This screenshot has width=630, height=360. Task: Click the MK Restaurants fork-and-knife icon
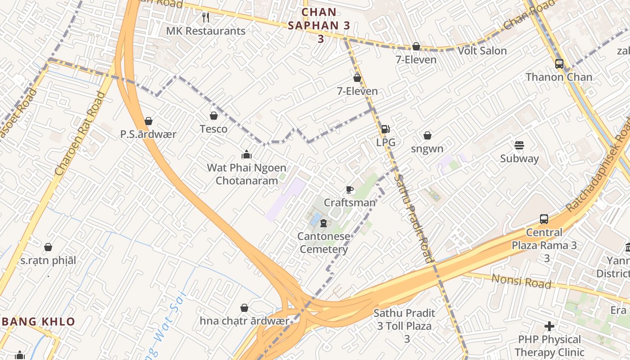206,18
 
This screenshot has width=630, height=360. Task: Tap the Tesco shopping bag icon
214,116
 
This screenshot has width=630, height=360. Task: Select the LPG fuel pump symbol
386,129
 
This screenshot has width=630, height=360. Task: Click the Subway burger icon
519,145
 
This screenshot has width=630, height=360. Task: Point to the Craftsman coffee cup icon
350,190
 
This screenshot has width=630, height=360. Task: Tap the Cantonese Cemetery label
324,243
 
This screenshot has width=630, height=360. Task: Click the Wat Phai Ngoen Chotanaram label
246,174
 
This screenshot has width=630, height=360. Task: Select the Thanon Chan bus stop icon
559,64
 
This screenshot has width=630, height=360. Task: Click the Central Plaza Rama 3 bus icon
544,219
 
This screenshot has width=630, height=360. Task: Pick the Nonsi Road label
521,281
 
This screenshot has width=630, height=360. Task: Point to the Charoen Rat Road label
80,134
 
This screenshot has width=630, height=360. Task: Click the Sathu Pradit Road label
414,218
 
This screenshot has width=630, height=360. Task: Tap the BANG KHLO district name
38,322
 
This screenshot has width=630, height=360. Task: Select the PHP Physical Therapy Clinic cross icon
549,326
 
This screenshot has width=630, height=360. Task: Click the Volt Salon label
482,51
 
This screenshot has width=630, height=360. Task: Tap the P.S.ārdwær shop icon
148,121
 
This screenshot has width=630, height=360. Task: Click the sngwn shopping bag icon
427,135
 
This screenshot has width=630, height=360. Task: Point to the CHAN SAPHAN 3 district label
319,25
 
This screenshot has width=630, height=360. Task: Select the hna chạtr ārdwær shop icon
244,308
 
